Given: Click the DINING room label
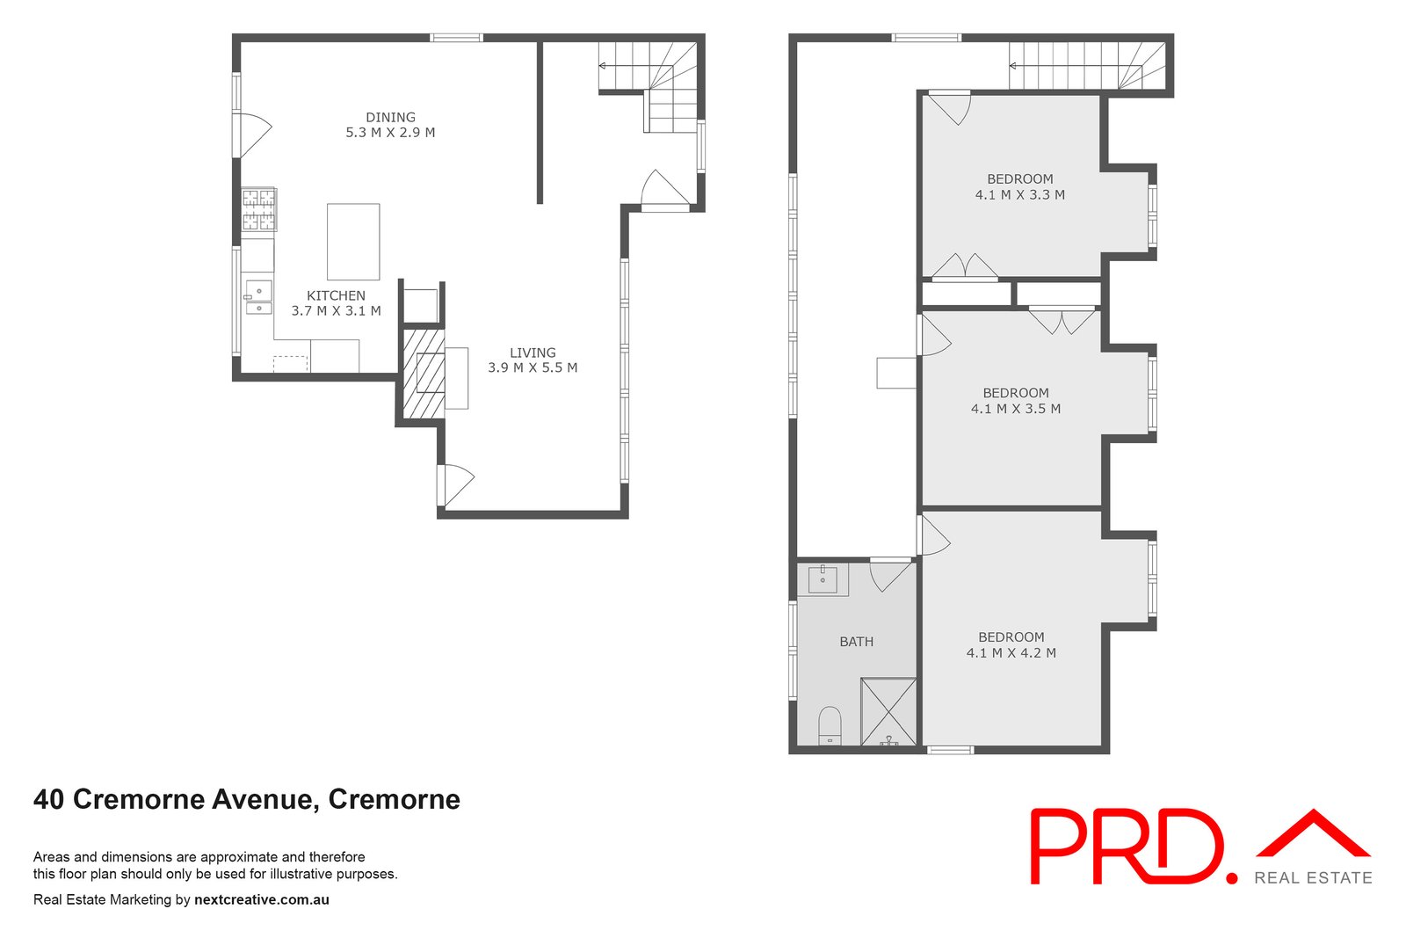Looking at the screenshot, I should tap(390, 117).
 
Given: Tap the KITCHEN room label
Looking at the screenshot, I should tap(336, 295).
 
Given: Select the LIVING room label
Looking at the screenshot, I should tap(533, 353).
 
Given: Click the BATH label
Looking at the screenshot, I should tap(856, 642).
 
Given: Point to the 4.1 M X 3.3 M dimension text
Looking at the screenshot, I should tap(1019, 195).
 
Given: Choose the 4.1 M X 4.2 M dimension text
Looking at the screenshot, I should tap(1011, 653).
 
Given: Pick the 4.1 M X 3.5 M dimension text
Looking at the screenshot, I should tap(1015, 409).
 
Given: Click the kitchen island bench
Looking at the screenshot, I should tap(353, 241).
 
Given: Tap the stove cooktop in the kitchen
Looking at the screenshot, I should tap(258, 209).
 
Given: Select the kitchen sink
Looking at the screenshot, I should tap(258, 296).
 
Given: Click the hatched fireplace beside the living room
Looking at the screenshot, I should tap(424, 373).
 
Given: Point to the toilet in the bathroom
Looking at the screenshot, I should tap(830, 726).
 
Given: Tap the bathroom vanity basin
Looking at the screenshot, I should tap(823, 579).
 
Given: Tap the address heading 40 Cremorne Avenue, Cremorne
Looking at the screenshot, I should tap(247, 799).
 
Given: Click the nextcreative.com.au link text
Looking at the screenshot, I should tap(261, 899).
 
